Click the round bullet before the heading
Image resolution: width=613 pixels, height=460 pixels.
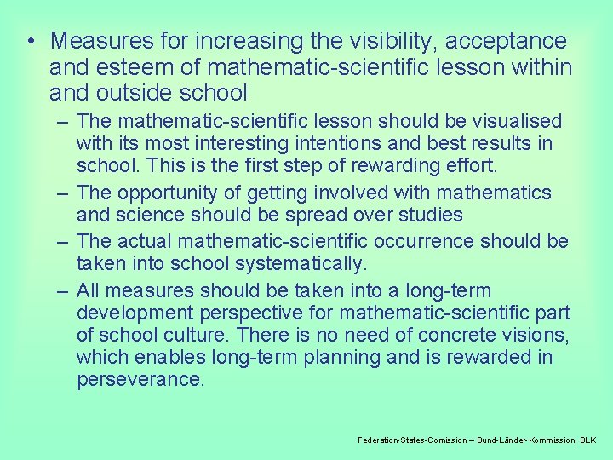[x=30, y=42]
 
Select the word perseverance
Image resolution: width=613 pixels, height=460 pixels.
[x=140, y=379]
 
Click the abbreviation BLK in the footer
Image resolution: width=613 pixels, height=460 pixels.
[x=588, y=440]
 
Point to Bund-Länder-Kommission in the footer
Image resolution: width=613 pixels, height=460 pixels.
[x=526, y=440]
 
